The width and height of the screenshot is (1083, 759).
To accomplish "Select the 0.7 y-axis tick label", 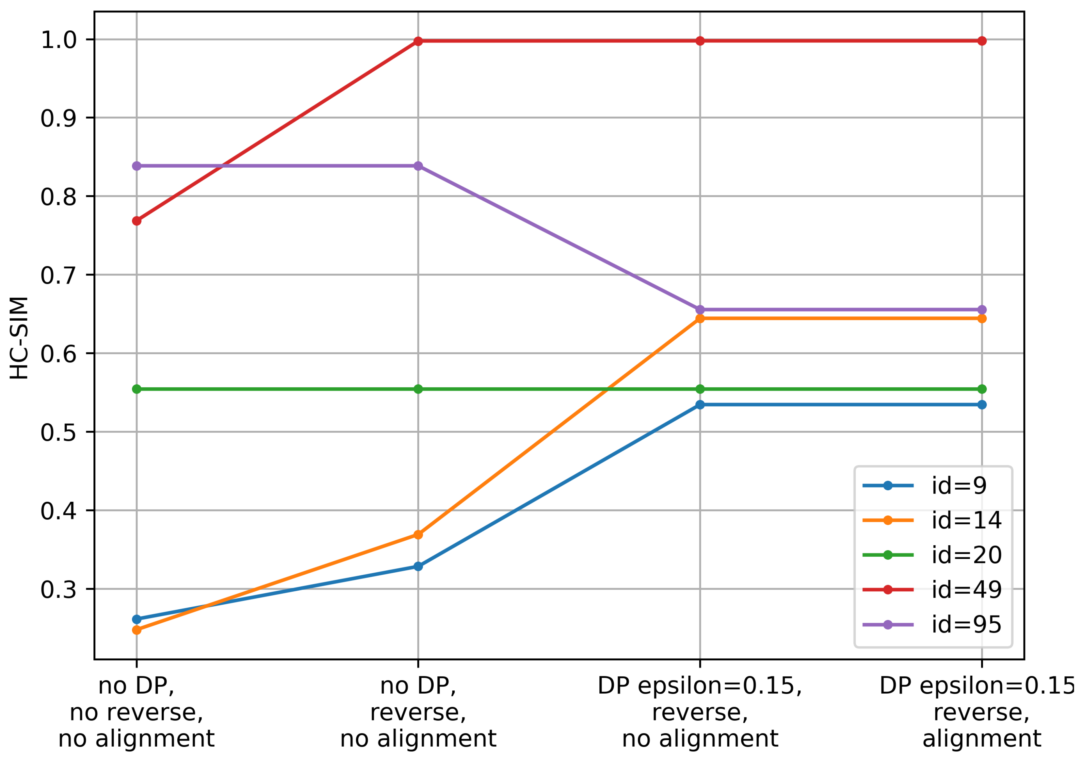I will click(x=58, y=275).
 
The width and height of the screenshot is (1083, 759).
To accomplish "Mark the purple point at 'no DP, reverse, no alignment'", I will click(x=418, y=166).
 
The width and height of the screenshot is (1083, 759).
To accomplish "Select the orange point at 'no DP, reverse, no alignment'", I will click(x=418, y=535).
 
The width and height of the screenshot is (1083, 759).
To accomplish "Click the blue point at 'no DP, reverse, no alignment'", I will click(x=418, y=566).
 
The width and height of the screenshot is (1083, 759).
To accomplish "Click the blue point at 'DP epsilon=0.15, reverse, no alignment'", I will click(x=700, y=405).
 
